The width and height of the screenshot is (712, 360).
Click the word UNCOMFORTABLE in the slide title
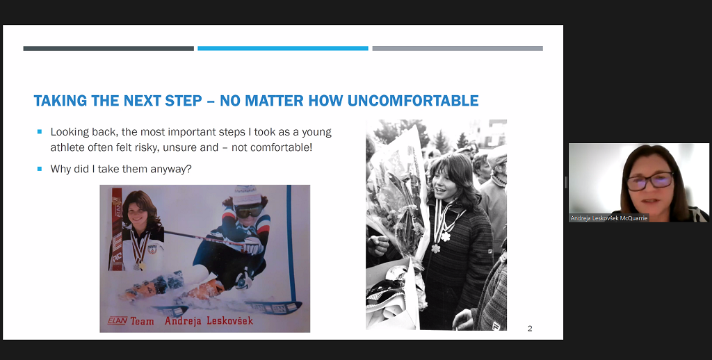tap(413, 100)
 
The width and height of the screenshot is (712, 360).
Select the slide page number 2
tap(529, 328)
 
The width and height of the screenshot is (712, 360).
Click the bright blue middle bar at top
tap(283, 48)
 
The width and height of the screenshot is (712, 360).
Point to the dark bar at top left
tap(108, 48)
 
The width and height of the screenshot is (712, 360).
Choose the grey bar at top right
tap(458, 48)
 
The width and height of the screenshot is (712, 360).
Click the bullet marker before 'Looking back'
tap(40, 131)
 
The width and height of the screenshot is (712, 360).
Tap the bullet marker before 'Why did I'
tap(40, 168)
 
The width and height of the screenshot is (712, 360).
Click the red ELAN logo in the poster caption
tap(117, 321)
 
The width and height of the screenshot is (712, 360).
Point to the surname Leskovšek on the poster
tap(229, 320)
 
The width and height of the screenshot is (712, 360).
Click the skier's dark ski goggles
tap(249, 211)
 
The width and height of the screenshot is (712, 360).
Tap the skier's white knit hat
tap(248, 195)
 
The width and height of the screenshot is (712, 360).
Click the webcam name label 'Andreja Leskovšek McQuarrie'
tap(609, 218)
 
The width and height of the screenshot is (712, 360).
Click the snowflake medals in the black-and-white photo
tap(440, 242)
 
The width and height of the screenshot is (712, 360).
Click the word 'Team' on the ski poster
tap(143, 321)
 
